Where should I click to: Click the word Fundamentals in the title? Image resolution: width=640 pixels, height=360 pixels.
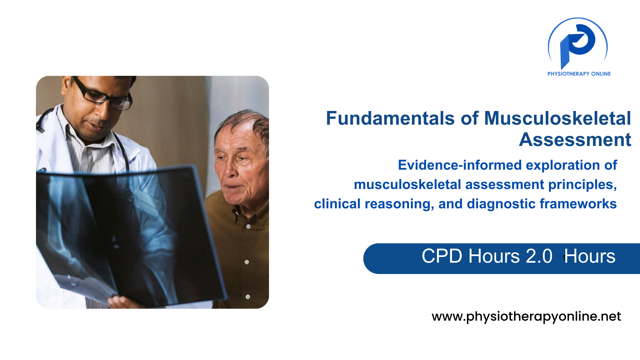[x=390, y=119]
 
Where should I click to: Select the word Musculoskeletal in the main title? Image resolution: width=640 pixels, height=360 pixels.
[x=557, y=119]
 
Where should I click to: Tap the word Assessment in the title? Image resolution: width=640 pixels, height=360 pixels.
[x=575, y=140]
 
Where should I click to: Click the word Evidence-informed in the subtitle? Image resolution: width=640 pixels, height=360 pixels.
[x=460, y=165]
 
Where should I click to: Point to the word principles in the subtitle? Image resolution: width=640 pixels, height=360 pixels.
[x=583, y=185]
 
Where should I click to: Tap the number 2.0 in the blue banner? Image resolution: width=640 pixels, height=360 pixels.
[x=539, y=256]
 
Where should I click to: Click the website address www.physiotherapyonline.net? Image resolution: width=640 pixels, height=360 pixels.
[x=526, y=316]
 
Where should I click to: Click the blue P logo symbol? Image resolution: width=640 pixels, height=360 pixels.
[x=578, y=43]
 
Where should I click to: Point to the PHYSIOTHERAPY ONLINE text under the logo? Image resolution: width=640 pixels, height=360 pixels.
[x=579, y=74]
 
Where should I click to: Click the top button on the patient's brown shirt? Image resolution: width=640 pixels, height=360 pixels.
[x=248, y=226]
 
